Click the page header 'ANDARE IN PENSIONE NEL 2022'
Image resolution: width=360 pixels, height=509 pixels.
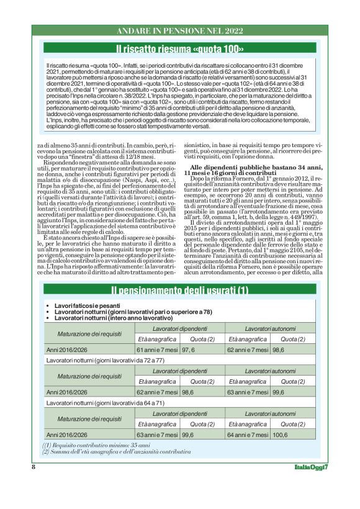click(x=179, y=30)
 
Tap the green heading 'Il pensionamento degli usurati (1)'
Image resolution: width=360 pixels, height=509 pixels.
click(x=179, y=291)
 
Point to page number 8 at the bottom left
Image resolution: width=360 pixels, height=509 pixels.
click(x=33, y=466)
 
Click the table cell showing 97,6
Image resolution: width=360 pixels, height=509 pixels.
click(x=189, y=349)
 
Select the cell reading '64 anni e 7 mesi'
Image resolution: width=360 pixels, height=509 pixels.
click(x=248, y=435)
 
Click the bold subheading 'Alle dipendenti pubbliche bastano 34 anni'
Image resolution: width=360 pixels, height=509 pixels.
click(x=254, y=169)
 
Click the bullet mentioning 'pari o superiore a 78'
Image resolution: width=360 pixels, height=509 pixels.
click(x=133, y=312)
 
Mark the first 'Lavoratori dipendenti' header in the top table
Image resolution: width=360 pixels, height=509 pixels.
click(x=179, y=328)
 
